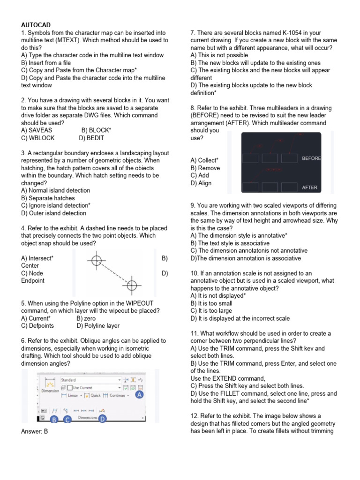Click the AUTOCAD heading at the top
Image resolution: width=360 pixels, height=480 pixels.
(x=36, y=25)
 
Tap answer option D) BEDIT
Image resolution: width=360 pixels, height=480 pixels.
(x=92, y=138)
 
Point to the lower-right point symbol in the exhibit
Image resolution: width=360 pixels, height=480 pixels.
(x=132, y=284)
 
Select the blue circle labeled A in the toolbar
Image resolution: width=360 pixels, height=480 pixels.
(x=138, y=395)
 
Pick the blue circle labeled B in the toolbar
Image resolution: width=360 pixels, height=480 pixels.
(x=54, y=420)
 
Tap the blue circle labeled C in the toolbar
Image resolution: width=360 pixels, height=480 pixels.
(x=67, y=420)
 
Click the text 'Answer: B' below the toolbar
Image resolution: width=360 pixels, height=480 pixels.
(x=35, y=432)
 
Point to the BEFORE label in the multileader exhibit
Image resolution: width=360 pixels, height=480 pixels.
(x=311, y=158)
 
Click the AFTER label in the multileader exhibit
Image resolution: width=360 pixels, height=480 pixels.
(x=310, y=187)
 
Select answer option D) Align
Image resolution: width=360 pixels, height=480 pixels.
(x=201, y=183)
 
